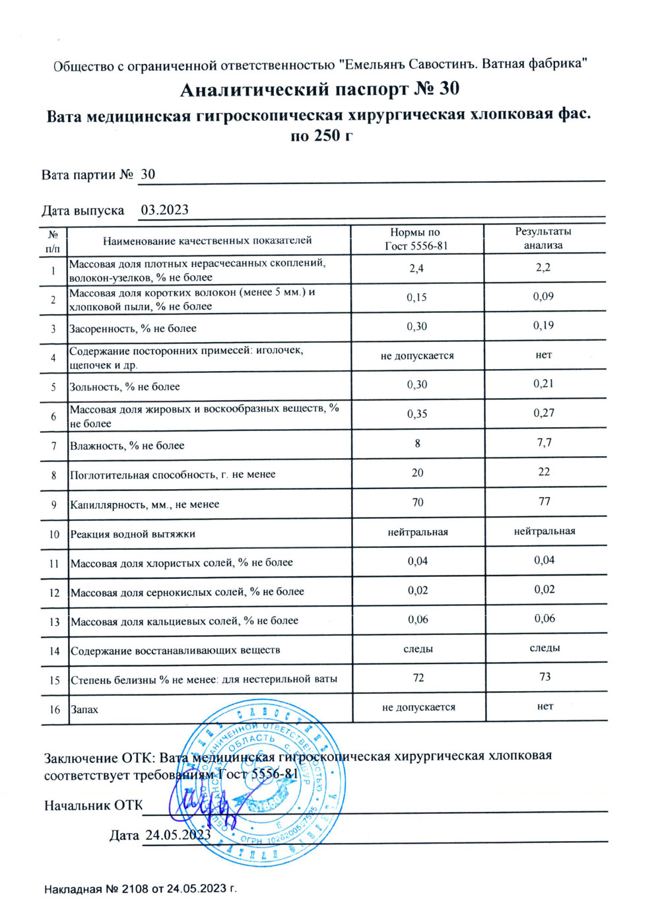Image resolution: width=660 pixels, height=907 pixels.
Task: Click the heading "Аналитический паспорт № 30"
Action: tap(319, 89)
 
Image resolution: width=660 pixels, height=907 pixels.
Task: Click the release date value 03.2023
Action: tap(165, 210)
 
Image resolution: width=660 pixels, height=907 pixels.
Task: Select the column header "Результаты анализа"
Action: tap(543, 238)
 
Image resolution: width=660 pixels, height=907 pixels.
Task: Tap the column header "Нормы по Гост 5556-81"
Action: tap(416, 239)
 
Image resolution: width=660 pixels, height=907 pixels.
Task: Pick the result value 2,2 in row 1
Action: tap(543, 267)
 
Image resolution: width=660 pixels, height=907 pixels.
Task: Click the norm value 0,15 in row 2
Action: tap(416, 297)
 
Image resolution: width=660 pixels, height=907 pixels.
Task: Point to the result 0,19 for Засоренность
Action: tap(543, 325)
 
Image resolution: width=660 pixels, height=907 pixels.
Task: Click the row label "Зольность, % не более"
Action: tap(125, 387)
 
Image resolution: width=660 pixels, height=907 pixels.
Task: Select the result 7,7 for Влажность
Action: tap(544, 442)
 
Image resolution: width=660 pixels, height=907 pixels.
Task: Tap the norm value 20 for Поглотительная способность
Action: tap(417, 473)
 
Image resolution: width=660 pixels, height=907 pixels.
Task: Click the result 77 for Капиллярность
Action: tap(544, 501)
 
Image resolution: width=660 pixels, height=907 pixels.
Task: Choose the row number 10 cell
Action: tap(54, 534)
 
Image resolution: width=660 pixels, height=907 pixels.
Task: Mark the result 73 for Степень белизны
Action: tap(544, 677)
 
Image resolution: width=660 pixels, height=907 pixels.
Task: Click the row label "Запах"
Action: tap(84, 710)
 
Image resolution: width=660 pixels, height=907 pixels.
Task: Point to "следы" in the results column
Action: tap(544, 648)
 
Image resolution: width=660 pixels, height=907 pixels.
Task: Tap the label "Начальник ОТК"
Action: tap(93, 805)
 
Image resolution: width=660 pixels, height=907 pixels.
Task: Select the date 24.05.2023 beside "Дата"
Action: tap(178, 835)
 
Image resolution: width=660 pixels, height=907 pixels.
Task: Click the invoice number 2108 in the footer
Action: tap(136, 889)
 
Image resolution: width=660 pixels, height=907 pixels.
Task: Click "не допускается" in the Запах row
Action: tap(418, 707)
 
